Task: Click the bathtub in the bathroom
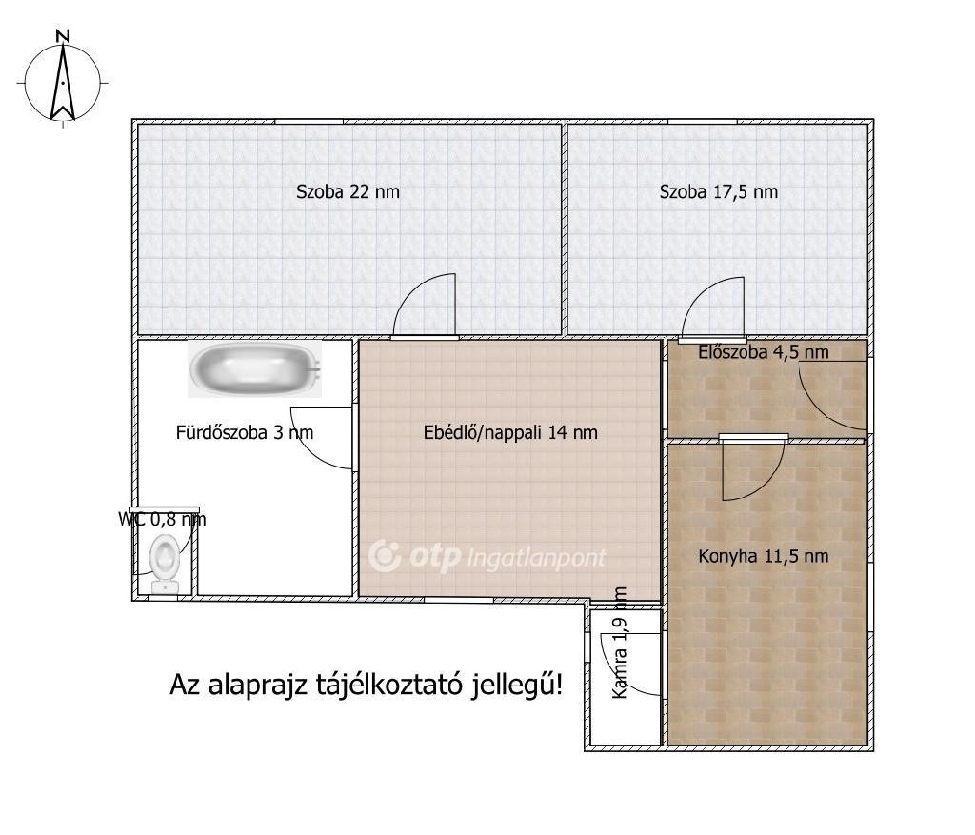[x=255, y=368]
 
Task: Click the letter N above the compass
[x=62, y=36]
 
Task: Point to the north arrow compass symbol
[x=62, y=82]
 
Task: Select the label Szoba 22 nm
[x=348, y=191]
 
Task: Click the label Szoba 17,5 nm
[x=719, y=191]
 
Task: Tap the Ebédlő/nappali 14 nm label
[x=510, y=432]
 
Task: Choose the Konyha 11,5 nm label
[x=764, y=556]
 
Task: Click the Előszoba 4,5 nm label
[x=764, y=352]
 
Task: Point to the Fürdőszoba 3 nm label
[x=245, y=432]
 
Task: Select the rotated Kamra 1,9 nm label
[x=620, y=643]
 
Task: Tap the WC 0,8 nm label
[x=162, y=519]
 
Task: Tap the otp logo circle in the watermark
[x=385, y=556]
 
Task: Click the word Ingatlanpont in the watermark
[x=535, y=558]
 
